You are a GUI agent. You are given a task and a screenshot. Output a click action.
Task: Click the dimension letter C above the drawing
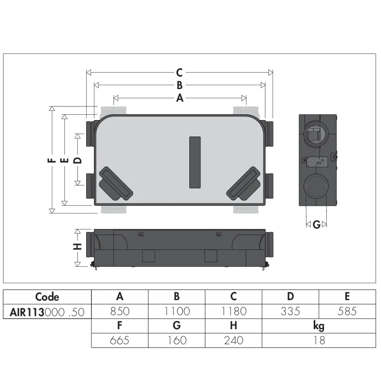click(x=179, y=73)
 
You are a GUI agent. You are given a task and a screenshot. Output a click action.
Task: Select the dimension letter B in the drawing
click(x=179, y=85)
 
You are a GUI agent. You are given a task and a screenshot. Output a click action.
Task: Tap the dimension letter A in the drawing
click(x=180, y=98)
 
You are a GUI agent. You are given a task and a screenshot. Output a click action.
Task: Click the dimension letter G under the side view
click(x=316, y=225)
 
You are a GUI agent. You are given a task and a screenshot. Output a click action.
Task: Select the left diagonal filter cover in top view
click(x=115, y=184)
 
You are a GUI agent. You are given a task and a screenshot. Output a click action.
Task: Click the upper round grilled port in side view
click(x=315, y=133)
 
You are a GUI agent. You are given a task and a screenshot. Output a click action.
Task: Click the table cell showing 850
click(x=120, y=311)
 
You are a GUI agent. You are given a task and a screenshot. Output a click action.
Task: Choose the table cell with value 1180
click(x=233, y=311)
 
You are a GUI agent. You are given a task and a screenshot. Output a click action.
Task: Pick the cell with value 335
click(x=290, y=311)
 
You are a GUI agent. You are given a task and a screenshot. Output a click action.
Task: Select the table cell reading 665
click(x=120, y=340)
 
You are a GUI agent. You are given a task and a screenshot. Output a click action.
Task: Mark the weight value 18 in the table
click(x=319, y=340)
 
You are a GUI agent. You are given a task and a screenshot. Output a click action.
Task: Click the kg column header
click(x=319, y=326)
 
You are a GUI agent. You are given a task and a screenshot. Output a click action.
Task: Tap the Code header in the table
click(x=47, y=297)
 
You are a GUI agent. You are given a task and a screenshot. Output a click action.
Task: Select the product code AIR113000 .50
click(x=47, y=312)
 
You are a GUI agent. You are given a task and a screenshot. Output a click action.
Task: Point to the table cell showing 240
click(x=233, y=340)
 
